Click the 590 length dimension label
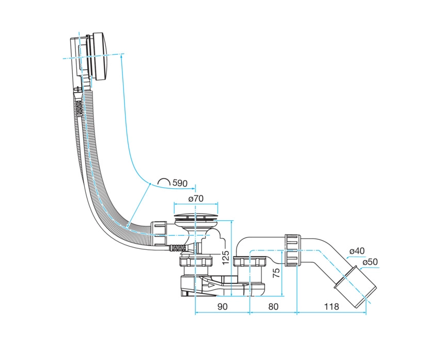tap(180, 183)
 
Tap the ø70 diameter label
tap(196, 198)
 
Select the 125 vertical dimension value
tap(226, 257)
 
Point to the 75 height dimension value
tap(276, 273)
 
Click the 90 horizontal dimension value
tap(223, 306)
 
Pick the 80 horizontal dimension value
tap(273, 306)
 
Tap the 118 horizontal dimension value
tap(331, 306)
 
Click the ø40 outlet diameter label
tap(357, 251)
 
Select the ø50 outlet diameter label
tap(370, 262)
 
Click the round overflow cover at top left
tap(100, 56)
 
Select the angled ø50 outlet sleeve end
tap(355, 287)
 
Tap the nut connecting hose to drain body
tap(159, 234)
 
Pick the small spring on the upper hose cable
tap(79, 108)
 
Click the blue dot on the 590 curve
tap(150, 183)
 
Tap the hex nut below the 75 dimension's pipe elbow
tap(250, 262)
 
